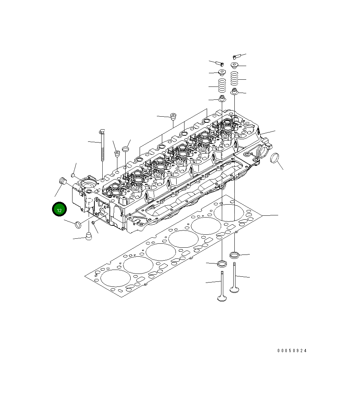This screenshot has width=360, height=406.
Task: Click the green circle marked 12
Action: (x=59, y=210)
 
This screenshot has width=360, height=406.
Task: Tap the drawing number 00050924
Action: (x=292, y=351)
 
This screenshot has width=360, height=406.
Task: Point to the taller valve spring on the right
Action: (x=234, y=79)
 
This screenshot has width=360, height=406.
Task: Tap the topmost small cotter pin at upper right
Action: (x=236, y=56)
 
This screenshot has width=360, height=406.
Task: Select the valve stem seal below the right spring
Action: (x=234, y=91)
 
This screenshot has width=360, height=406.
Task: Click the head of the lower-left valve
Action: (x=222, y=297)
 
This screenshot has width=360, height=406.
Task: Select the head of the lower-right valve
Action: (x=234, y=288)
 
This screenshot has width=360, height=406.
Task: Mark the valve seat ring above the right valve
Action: (x=234, y=255)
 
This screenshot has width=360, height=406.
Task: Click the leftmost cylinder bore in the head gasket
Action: (x=113, y=277)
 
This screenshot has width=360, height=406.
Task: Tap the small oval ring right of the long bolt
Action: (x=125, y=148)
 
